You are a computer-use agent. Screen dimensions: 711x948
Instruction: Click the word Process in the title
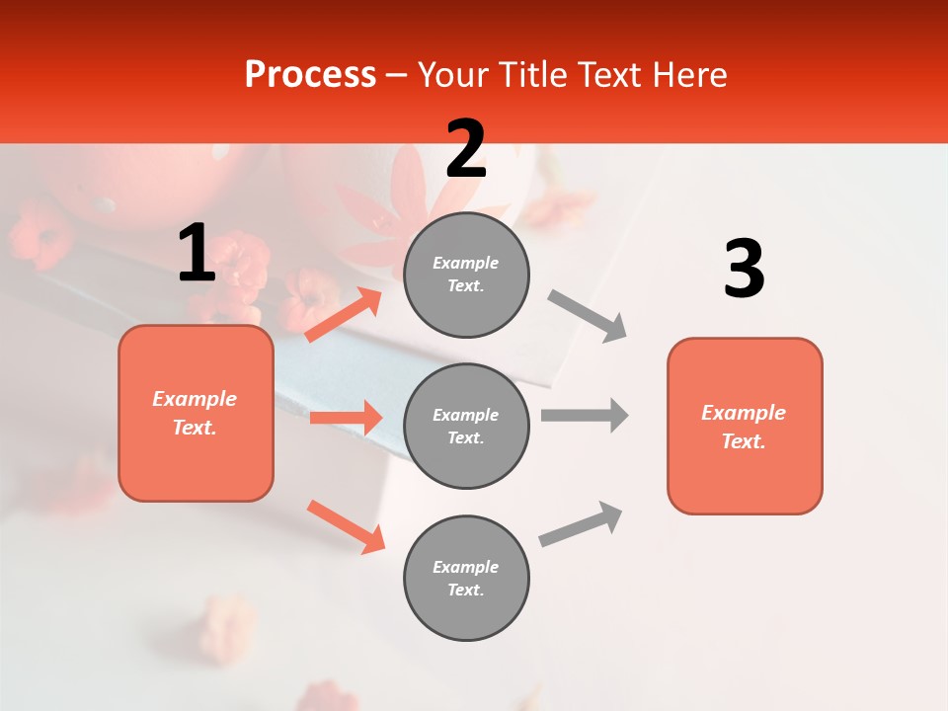click(x=310, y=75)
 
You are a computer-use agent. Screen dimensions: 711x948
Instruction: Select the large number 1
click(x=197, y=254)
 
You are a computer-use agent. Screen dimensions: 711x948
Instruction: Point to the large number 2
click(x=466, y=149)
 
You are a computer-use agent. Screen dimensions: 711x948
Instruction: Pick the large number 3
click(x=744, y=270)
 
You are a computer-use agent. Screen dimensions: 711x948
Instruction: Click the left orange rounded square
click(x=196, y=413)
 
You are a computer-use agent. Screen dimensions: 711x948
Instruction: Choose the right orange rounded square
click(x=745, y=426)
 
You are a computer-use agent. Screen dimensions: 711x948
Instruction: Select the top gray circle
click(x=466, y=275)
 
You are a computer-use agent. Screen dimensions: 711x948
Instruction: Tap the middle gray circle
click(x=466, y=426)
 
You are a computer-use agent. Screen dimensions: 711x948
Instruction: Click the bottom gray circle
click(x=466, y=578)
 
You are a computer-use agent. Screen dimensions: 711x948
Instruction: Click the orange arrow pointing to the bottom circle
click(x=346, y=526)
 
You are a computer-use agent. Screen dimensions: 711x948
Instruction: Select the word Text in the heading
click(x=610, y=75)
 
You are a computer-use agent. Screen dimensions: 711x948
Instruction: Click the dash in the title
click(x=396, y=75)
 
